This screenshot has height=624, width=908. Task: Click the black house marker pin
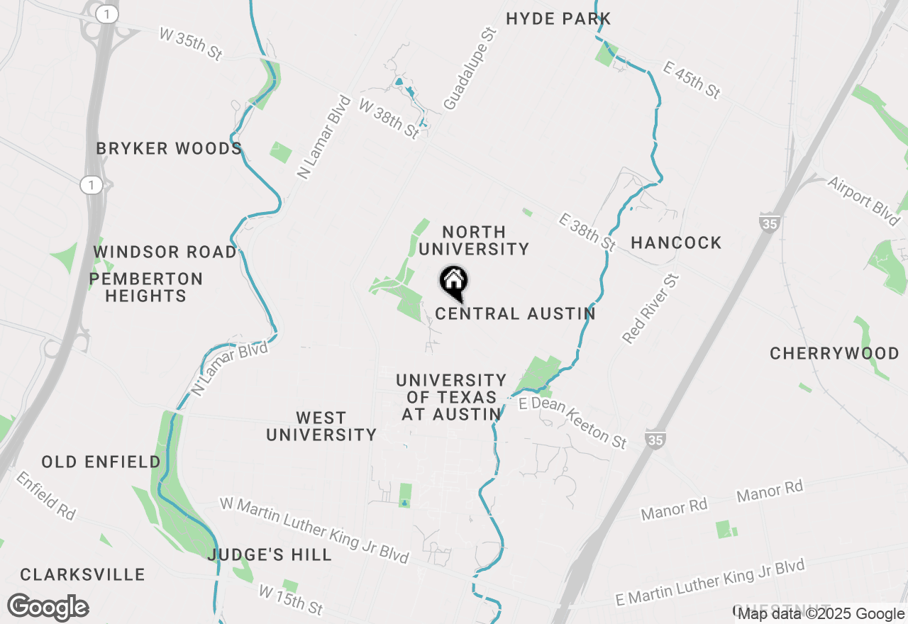pos(454,282)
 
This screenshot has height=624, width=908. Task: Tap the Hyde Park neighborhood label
pos(558,18)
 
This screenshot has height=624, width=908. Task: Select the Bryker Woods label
pos(169,148)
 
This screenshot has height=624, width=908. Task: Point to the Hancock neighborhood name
pos(676,243)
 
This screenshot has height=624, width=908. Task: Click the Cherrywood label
pos(834,353)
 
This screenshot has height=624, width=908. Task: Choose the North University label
pos(473,240)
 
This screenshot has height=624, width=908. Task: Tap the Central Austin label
pos(515,313)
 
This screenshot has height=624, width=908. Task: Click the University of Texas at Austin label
pos(451,398)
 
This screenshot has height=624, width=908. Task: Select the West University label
pos(321,426)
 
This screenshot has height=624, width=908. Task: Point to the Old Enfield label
pos(101,462)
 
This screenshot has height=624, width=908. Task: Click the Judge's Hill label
pos(270,555)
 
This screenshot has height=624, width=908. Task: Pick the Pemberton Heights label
pos(146,287)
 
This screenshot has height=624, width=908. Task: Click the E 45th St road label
pos(692,79)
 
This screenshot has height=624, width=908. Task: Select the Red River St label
pos(650,309)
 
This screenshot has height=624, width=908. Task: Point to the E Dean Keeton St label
pos(573,423)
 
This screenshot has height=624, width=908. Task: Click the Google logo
pos(48,608)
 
